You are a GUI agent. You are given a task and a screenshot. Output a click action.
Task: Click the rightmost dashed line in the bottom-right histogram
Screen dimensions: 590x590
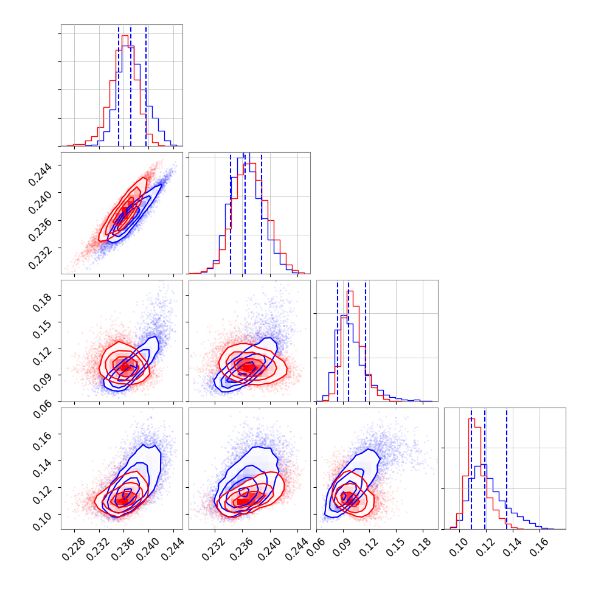(507, 468)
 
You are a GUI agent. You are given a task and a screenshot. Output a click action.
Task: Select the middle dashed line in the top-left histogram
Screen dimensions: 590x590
(131, 85)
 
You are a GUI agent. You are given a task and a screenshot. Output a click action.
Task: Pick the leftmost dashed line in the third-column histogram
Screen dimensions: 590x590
(338, 341)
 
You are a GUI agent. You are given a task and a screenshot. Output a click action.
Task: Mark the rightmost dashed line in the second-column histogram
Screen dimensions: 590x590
(262, 213)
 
